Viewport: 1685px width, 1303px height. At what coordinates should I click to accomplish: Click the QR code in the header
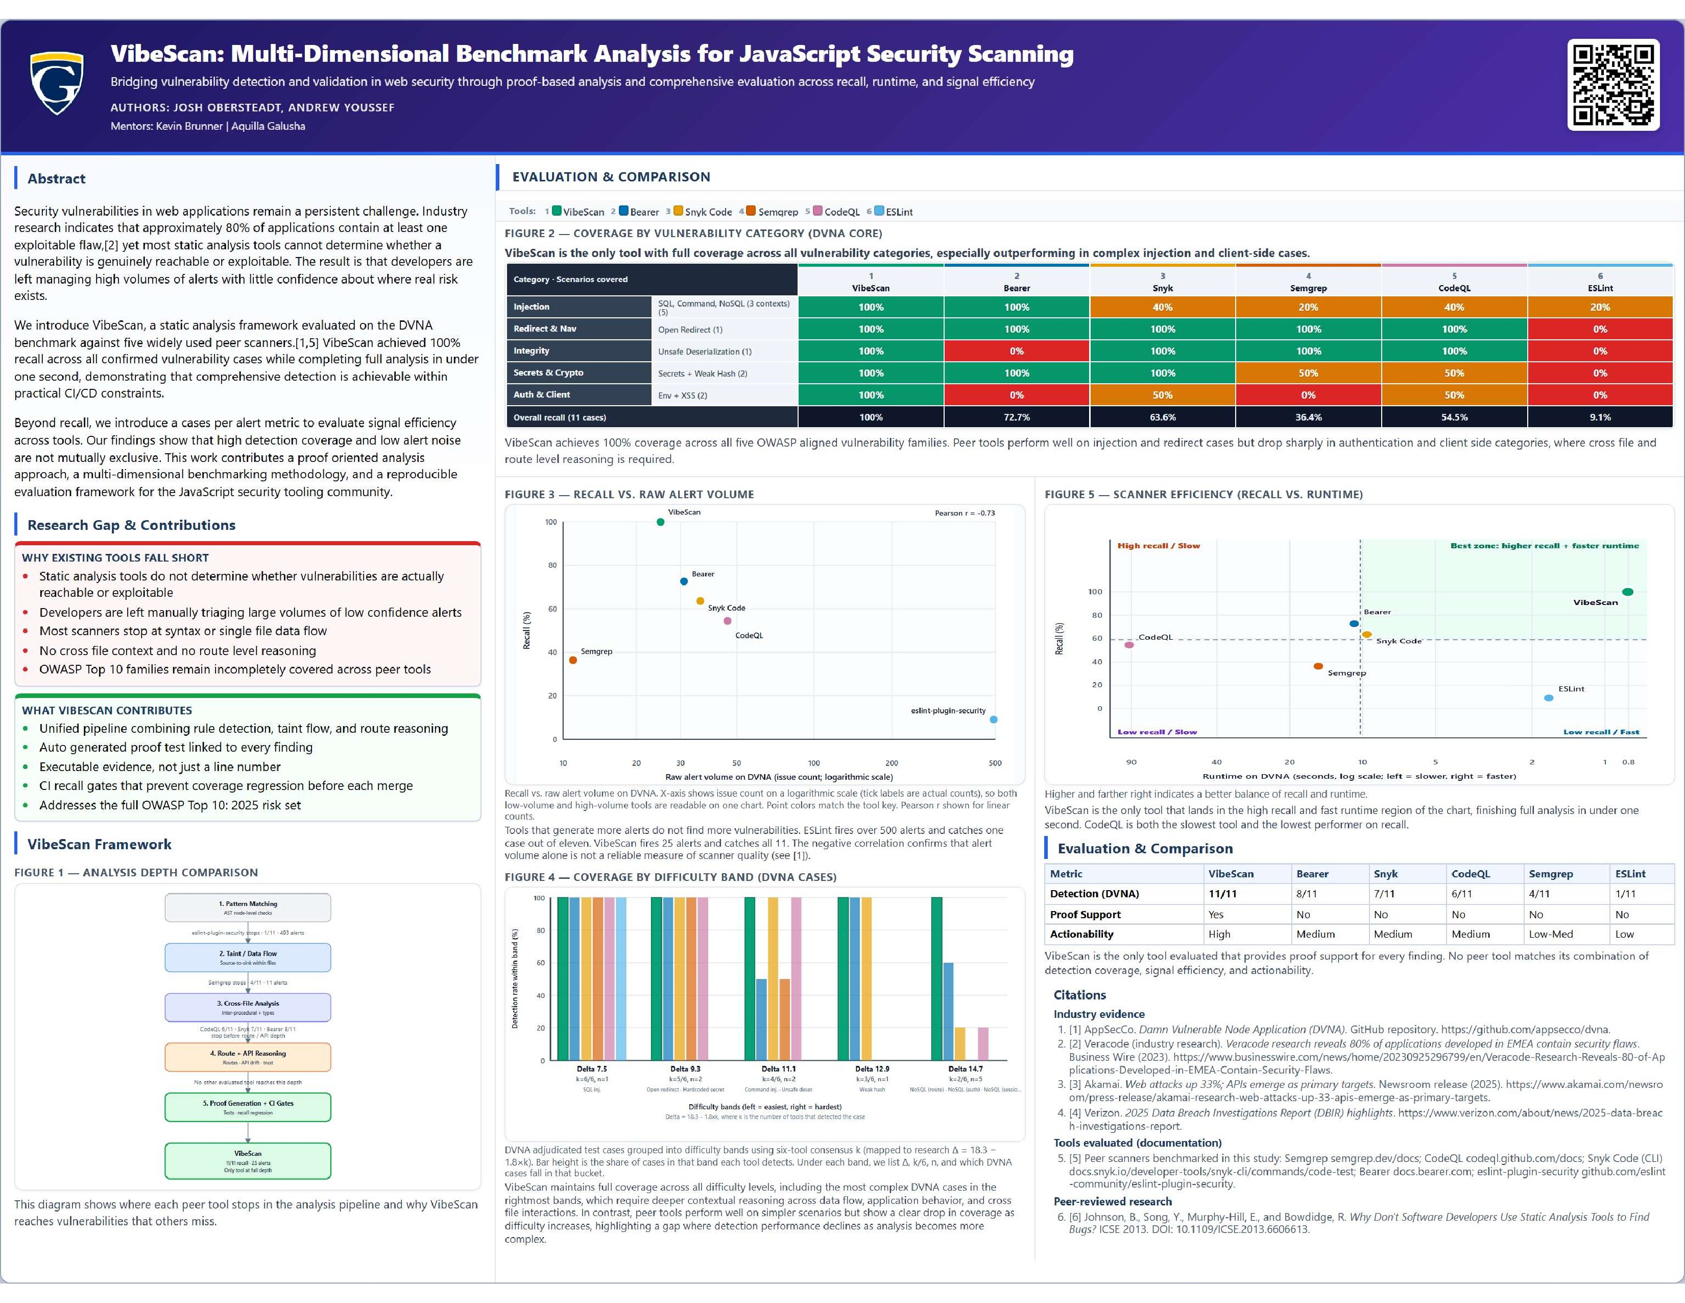1613,85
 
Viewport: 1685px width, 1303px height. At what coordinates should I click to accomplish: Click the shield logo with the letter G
56,83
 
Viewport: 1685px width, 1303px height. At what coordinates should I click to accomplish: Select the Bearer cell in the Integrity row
1016,351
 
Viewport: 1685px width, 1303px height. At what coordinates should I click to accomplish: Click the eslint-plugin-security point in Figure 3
994,719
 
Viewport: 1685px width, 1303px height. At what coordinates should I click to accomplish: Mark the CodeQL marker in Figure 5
1129,644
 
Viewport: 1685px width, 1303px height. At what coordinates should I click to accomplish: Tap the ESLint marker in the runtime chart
1549,698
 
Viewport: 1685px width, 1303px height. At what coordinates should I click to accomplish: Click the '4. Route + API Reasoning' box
248,1057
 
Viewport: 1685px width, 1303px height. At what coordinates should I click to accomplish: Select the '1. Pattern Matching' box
248,907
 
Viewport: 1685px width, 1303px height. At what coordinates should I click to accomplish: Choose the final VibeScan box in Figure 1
248,1160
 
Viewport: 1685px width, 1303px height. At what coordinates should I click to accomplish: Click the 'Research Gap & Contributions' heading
131,525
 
